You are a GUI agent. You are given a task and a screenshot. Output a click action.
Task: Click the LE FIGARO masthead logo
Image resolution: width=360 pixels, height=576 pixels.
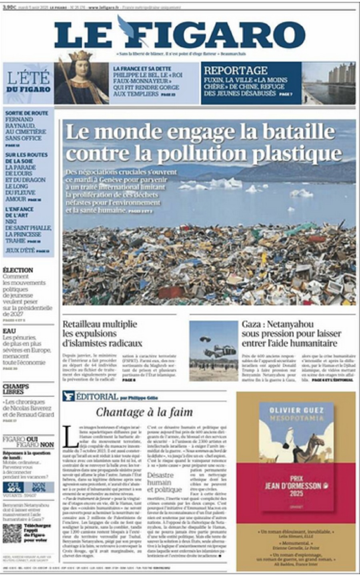point(180,34)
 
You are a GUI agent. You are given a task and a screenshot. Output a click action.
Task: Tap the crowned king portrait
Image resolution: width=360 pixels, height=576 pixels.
point(81,82)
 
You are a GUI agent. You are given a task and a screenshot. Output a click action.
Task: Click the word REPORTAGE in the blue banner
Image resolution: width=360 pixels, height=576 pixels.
point(236,70)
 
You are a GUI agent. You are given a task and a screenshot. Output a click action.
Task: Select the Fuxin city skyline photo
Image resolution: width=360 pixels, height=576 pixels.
point(328,83)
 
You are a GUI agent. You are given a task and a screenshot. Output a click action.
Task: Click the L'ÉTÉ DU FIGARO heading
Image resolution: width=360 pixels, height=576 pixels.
point(28,82)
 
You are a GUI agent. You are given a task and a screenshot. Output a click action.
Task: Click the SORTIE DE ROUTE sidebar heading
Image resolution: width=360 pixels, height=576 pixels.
point(26,113)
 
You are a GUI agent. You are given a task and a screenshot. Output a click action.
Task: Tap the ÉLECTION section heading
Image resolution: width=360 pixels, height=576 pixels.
point(18,270)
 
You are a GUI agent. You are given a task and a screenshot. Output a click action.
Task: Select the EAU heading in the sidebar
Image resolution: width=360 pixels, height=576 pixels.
point(9,331)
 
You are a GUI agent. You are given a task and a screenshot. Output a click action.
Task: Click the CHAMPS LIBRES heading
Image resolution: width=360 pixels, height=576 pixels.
point(16,389)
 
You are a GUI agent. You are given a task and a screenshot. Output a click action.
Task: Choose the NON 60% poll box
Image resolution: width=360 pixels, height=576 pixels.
point(38,487)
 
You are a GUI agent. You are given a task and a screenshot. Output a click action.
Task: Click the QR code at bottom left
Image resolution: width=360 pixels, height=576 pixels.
point(12,533)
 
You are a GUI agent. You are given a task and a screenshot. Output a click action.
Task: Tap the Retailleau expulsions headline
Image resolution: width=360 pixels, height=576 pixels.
point(102,333)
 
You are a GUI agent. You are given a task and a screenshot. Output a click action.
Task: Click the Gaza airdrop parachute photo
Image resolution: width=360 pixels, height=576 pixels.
point(213,351)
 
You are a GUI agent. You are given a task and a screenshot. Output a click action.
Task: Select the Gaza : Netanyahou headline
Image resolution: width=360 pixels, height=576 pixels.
point(291,333)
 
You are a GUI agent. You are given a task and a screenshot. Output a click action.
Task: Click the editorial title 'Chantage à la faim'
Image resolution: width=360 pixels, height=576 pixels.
point(144,412)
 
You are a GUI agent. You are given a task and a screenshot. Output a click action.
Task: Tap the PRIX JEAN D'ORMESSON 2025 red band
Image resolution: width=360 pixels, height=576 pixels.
point(296,486)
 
